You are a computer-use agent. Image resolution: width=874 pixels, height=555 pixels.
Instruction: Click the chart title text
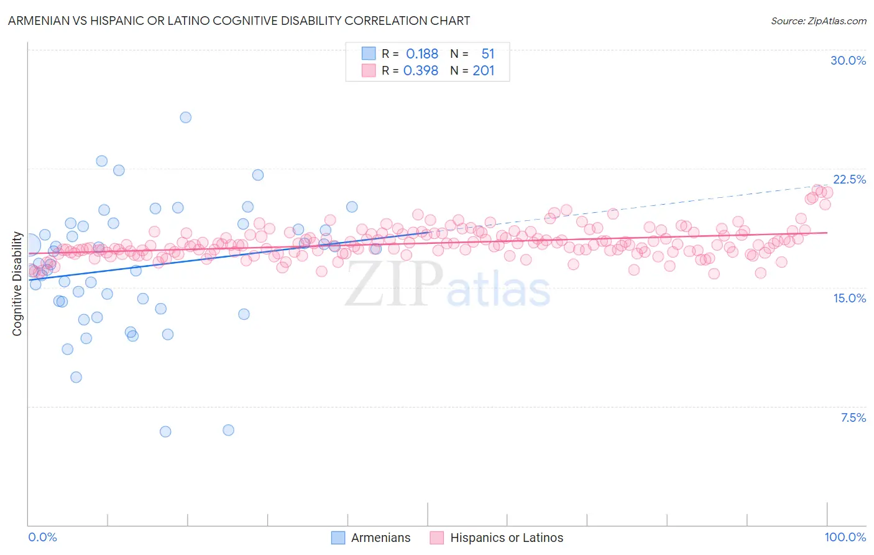point(239,21)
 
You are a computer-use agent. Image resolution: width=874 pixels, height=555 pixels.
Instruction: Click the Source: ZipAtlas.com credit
point(818,21)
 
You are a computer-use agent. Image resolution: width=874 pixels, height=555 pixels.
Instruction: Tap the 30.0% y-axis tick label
point(848,60)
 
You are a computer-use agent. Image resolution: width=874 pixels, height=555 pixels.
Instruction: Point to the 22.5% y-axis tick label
point(849,179)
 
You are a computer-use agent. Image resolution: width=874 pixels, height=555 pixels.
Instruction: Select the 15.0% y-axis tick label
point(849,298)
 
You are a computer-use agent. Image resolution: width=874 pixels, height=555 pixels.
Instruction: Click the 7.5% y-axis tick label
point(853,417)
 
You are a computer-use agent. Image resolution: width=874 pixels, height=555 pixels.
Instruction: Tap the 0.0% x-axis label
point(42,537)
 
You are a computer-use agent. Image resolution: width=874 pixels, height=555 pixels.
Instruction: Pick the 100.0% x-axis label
point(845,537)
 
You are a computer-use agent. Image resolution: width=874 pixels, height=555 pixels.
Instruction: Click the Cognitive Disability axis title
point(17,284)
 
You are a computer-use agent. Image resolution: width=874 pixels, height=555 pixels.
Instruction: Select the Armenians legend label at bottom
point(380,538)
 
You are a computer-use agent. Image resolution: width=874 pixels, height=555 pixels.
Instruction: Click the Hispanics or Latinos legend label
point(506,538)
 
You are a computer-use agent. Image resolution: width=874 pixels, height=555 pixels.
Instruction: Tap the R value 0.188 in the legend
point(422,54)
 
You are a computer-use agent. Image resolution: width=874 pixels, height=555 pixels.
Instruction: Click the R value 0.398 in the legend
point(421,71)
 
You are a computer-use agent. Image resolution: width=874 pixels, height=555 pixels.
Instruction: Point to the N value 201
point(483,71)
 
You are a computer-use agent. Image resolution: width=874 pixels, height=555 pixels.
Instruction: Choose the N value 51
point(488,54)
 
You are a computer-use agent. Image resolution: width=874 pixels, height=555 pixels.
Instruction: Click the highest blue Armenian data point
point(185,117)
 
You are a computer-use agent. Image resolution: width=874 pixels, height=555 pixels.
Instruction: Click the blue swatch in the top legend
point(369,54)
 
